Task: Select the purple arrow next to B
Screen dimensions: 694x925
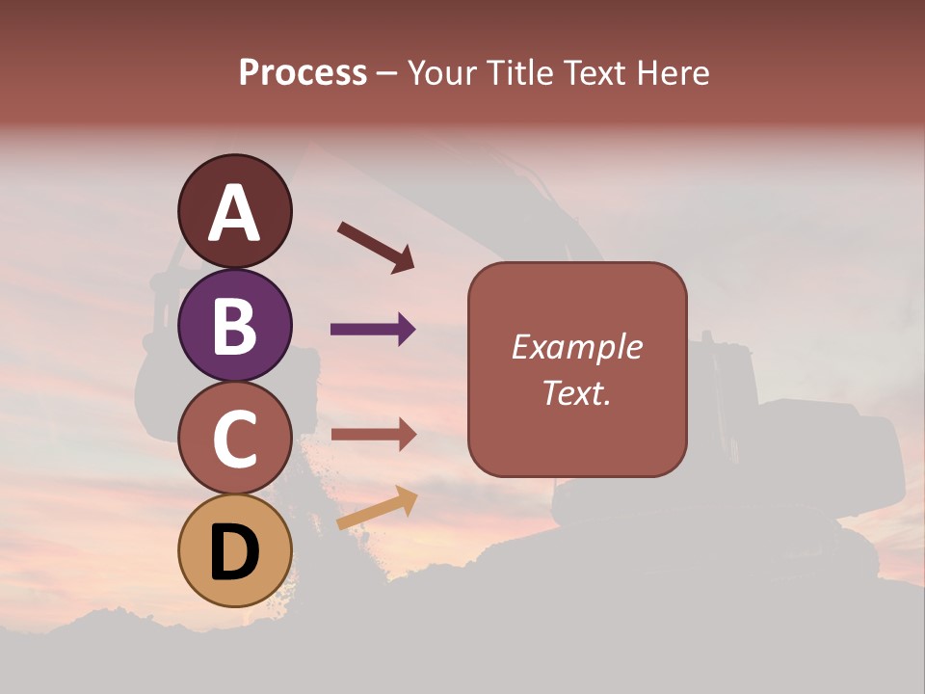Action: pos(373,330)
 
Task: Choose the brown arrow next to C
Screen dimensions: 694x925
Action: pos(373,435)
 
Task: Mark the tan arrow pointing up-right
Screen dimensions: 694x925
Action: pos(377,508)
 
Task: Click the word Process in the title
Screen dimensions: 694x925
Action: pos(303,72)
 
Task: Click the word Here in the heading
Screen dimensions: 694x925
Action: pos(672,72)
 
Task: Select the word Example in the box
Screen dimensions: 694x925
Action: pos(576,347)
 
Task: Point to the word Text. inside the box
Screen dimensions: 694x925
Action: pos(576,392)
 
